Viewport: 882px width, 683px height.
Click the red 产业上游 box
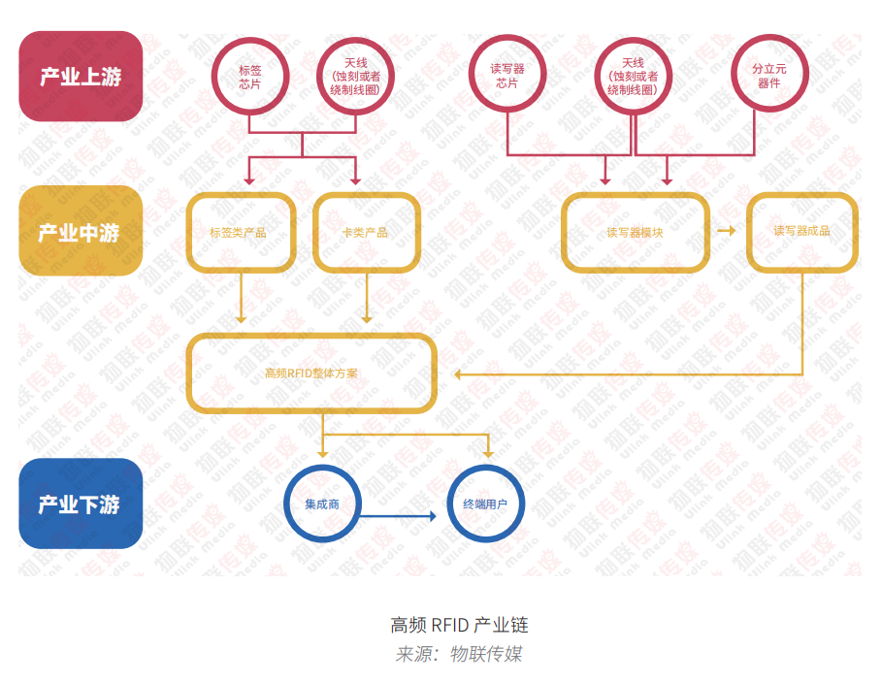[81, 77]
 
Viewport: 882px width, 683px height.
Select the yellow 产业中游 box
[81, 232]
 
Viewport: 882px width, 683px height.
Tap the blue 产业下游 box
[81, 504]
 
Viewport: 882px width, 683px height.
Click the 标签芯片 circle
[249, 77]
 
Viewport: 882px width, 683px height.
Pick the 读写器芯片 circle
[507, 77]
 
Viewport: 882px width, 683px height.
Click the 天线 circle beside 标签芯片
[355, 77]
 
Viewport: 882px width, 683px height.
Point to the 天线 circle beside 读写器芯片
[633, 77]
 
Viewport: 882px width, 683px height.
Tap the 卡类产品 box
[366, 233]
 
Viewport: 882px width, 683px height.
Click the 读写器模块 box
[635, 233]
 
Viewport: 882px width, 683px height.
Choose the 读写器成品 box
[801, 232]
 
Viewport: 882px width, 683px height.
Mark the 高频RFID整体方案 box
[310, 374]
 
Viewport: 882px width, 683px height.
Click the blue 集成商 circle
[321, 504]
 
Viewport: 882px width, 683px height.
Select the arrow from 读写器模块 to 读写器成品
[726, 231]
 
